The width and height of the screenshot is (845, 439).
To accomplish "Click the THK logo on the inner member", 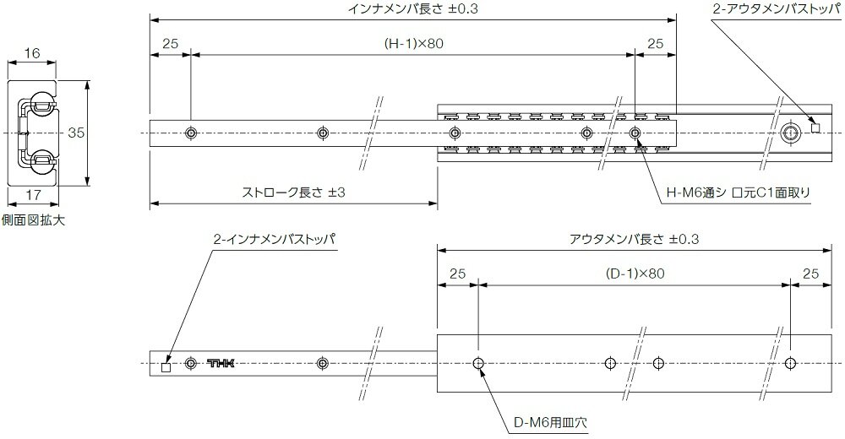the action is pyautogui.click(x=221, y=364).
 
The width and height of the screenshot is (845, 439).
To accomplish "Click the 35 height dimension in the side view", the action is pyautogui.click(x=77, y=132).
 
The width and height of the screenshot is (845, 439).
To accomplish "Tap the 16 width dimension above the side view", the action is pyautogui.click(x=32, y=53).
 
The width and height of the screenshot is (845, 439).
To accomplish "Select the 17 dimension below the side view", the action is pyautogui.click(x=33, y=194).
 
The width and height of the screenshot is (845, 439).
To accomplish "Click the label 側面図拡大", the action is pyautogui.click(x=34, y=219).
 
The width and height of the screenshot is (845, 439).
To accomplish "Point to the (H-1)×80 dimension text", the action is pyautogui.click(x=413, y=44).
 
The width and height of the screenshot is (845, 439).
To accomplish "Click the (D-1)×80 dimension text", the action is pyautogui.click(x=635, y=274).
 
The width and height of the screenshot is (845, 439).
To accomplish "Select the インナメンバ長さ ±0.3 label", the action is pyautogui.click(x=413, y=9).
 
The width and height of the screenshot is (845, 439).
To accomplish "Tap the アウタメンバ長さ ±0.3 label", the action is pyautogui.click(x=635, y=239).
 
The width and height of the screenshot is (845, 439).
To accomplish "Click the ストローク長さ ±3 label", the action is pyautogui.click(x=294, y=192).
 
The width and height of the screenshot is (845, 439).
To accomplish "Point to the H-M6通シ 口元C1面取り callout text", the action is pyautogui.click(x=739, y=192).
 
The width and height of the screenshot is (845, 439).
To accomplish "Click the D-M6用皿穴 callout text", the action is pyautogui.click(x=550, y=422).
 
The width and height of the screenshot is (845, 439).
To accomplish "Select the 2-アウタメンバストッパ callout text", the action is pyautogui.click(x=777, y=9).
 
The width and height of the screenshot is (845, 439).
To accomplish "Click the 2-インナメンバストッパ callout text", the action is pyautogui.click(x=274, y=239).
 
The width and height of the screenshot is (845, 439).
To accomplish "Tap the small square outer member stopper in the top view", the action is pyautogui.click(x=815, y=128).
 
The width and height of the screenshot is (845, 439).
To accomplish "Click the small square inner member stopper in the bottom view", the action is pyautogui.click(x=166, y=368).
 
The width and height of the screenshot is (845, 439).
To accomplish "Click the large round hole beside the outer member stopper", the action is pyautogui.click(x=791, y=133).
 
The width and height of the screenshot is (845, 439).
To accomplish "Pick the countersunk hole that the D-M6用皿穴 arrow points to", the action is pyautogui.click(x=478, y=364).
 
